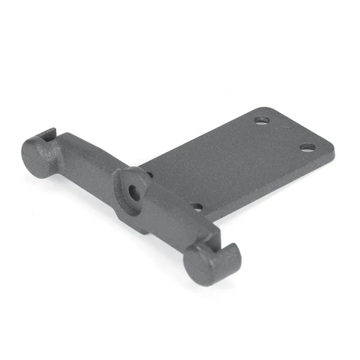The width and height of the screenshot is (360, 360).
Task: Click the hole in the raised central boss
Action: (135, 192)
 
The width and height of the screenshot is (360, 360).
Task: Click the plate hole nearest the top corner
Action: (262, 120)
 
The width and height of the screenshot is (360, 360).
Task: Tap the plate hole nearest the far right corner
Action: (308, 147)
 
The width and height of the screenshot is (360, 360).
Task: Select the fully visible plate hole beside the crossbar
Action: (197, 207)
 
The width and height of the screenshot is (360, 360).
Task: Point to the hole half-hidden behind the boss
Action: (150, 175)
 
